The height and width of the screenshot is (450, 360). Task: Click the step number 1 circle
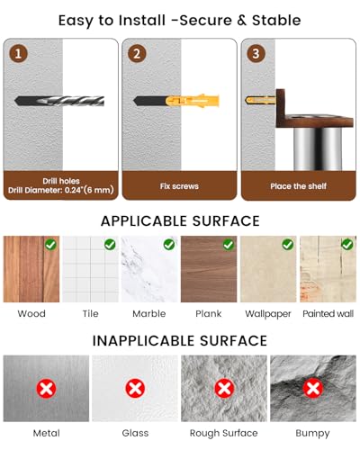click(x=18, y=53)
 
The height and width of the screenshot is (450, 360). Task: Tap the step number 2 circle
click(x=137, y=53)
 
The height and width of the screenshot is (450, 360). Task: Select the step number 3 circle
click(x=256, y=53)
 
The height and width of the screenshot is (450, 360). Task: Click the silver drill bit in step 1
click(x=60, y=101)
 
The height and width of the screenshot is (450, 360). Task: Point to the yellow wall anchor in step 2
click(x=193, y=100)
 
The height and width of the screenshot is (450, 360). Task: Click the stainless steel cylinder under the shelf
click(x=317, y=149)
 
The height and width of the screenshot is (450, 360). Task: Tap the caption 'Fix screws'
click(x=179, y=186)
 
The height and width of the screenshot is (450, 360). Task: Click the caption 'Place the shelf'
click(x=298, y=186)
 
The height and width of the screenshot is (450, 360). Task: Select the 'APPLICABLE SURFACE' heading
click(x=180, y=221)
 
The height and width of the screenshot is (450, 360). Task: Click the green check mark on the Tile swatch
click(x=110, y=245)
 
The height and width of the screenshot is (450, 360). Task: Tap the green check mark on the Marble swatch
click(x=169, y=245)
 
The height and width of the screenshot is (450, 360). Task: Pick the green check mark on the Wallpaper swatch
click(x=288, y=245)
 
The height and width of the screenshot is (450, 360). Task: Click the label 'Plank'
click(x=209, y=313)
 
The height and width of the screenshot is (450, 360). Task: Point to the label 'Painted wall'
click(x=328, y=313)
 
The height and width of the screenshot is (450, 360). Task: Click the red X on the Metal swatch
click(x=46, y=389)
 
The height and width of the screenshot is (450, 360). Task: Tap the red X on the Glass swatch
click(x=135, y=389)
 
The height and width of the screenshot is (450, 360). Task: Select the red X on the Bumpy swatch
click(x=313, y=389)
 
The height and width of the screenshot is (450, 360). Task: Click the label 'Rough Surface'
click(x=224, y=433)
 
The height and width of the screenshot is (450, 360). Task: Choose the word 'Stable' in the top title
click(x=276, y=20)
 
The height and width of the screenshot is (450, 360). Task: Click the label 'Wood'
click(x=31, y=313)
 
